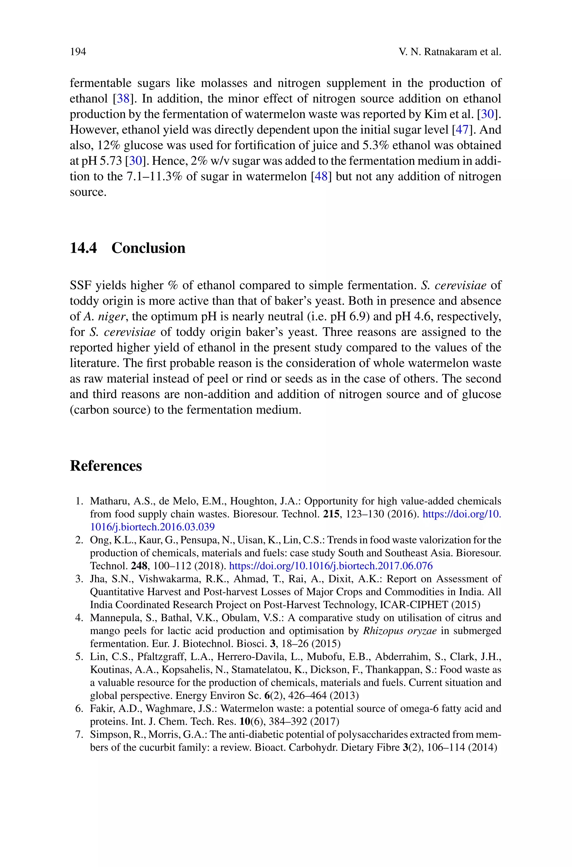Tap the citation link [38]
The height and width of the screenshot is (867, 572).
click(123, 99)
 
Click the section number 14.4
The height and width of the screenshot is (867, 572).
click(83, 248)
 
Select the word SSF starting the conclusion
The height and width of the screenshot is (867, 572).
click(81, 285)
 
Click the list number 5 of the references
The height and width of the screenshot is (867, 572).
click(78, 657)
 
